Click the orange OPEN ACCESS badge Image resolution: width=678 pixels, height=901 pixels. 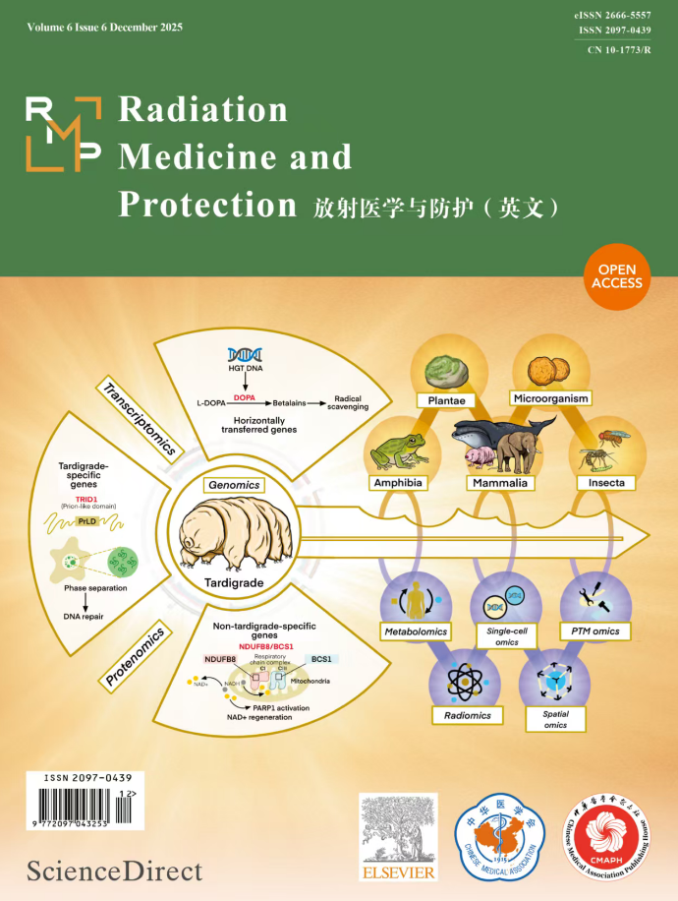point(617,276)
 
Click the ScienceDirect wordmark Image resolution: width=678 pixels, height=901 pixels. point(115,870)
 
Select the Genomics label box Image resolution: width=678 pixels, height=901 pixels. point(233,485)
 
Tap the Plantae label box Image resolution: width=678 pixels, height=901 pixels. point(445,400)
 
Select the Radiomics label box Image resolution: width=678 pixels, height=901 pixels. point(468,715)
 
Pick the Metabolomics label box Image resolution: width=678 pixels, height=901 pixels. point(416,631)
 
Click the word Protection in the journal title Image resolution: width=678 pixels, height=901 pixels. point(206,204)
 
